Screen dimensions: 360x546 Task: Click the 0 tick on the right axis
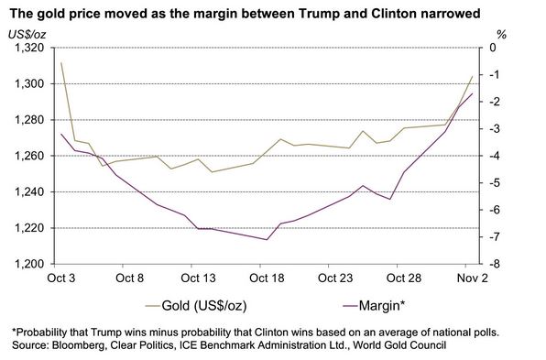tap(495, 48)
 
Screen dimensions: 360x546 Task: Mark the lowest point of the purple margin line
tap(267, 240)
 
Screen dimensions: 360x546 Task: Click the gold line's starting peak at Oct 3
tap(61, 62)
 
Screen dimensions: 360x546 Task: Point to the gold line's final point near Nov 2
tap(472, 77)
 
